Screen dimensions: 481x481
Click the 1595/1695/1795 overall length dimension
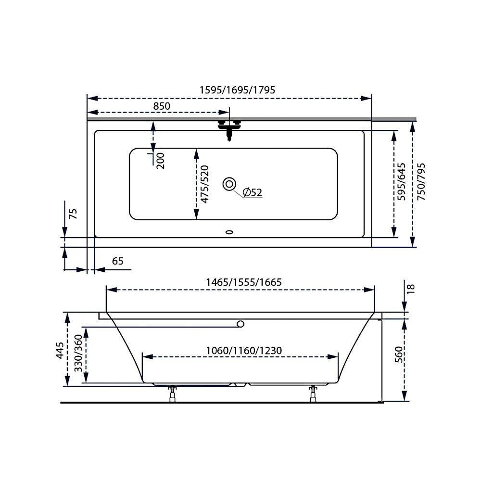(x=238, y=90)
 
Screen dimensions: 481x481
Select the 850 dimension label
(x=162, y=106)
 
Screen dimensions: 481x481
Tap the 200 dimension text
(x=160, y=161)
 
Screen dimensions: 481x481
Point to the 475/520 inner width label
(x=204, y=184)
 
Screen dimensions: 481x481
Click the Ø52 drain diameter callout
(x=252, y=192)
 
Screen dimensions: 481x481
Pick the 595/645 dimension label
(x=401, y=182)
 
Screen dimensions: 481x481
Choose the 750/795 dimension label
(x=421, y=182)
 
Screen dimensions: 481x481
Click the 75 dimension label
(x=73, y=214)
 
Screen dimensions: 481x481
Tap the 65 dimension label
(x=117, y=261)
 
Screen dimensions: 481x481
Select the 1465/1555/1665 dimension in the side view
(x=243, y=282)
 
